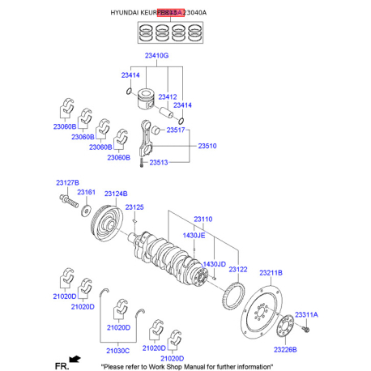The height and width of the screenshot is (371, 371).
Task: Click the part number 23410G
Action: pyautogui.click(x=156, y=56)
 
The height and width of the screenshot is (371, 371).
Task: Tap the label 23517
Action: pyautogui.click(x=176, y=130)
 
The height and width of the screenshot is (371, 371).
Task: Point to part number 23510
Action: pyautogui.click(x=208, y=147)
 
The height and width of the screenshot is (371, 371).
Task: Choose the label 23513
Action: pyautogui.click(x=159, y=163)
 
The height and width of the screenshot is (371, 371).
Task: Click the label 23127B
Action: pyautogui.click(x=68, y=182)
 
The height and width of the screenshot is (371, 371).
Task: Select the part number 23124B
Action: pyautogui.click(x=116, y=193)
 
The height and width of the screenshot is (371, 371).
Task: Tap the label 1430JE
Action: pyautogui.click(x=194, y=235)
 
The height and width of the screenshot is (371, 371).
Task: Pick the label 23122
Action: pyautogui.click(x=238, y=269)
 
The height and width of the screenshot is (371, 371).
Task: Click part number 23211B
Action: pyautogui.click(x=271, y=272)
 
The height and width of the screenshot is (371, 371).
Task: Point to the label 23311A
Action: pyautogui.click(x=306, y=313)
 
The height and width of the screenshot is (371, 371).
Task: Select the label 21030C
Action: pyautogui.click(x=117, y=350)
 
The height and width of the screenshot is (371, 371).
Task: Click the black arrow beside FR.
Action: pyautogui.click(x=75, y=358)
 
